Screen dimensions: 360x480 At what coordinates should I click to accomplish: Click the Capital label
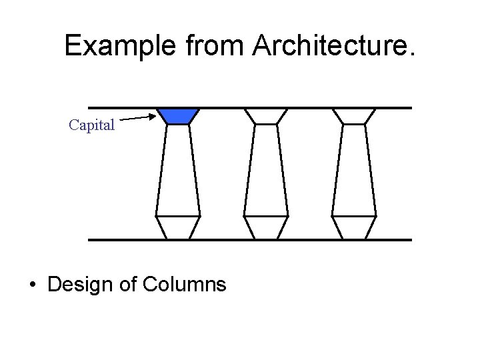coord(92,125)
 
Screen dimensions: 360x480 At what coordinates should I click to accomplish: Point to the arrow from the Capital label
coord(141,119)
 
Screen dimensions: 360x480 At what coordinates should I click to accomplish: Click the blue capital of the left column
coord(178,116)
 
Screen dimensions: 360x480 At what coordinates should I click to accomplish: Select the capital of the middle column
coord(266,116)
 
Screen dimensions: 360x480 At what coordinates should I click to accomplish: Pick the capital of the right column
coord(354,116)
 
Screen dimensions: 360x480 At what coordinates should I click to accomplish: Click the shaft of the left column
coord(178,170)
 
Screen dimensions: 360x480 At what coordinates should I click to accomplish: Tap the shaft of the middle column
coord(266,170)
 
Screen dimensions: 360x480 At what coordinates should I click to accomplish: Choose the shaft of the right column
coord(354,170)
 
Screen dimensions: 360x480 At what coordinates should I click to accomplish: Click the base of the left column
coord(178,227)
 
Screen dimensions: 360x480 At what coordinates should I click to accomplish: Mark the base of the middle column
coord(266,227)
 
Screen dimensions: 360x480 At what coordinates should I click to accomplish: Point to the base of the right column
coord(354,227)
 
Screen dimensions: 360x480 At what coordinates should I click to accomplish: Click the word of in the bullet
coord(129,285)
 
